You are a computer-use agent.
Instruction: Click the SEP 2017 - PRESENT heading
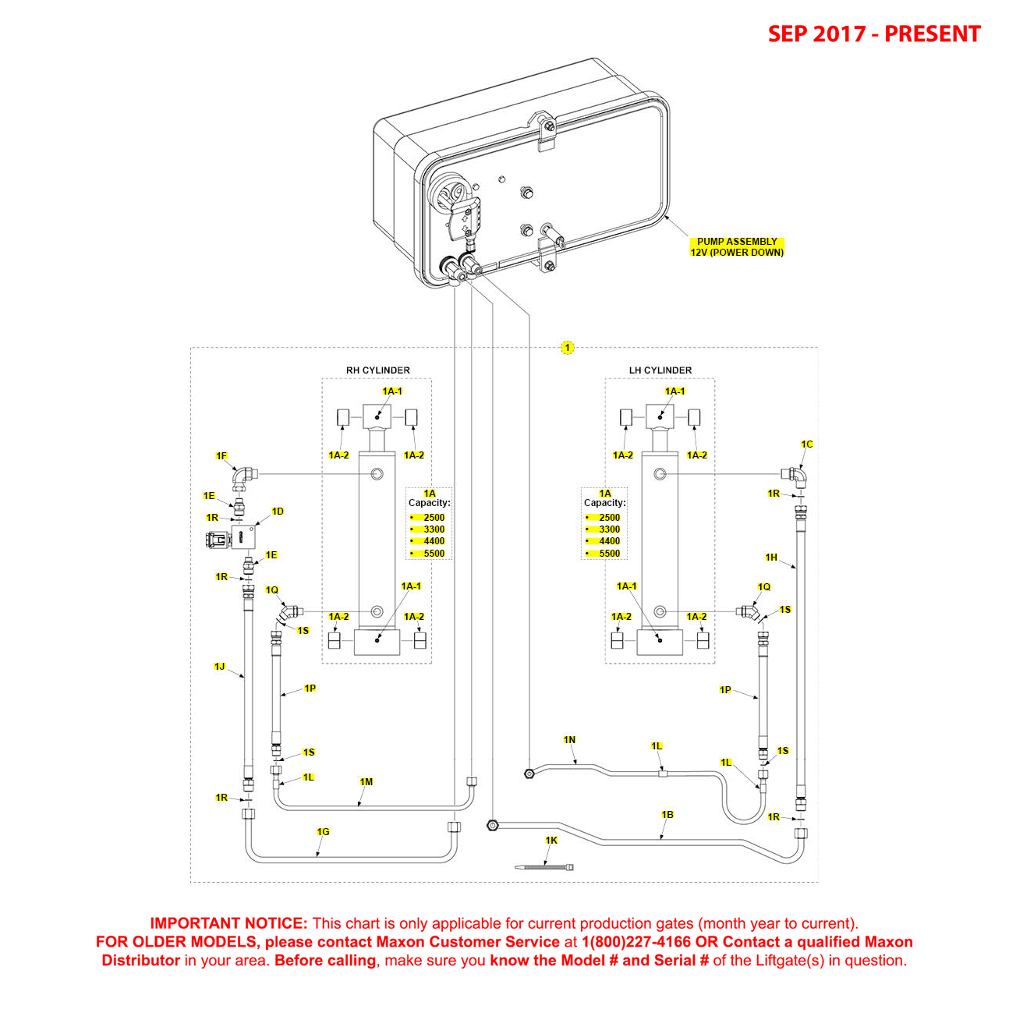tap(873, 34)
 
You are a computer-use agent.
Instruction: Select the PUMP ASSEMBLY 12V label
tap(736, 247)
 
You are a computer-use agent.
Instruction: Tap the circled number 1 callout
tap(567, 348)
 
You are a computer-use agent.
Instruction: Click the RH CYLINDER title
tap(377, 370)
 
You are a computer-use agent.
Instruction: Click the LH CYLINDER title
tap(660, 370)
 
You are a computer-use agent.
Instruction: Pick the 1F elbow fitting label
tap(221, 456)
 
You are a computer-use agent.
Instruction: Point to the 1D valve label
tap(278, 512)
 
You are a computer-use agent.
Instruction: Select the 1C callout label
tap(807, 444)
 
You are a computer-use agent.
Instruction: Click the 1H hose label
tap(771, 558)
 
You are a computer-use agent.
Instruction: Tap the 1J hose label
tap(219, 667)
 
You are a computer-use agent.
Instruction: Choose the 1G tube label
tap(323, 832)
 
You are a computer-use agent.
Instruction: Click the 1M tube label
tap(366, 782)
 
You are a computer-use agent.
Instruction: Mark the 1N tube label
tap(569, 740)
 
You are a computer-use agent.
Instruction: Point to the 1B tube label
tap(667, 815)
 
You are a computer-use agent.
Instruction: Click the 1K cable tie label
tap(551, 841)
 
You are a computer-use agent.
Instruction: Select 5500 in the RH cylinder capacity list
tap(434, 554)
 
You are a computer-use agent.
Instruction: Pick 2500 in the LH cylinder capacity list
tap(609, 518)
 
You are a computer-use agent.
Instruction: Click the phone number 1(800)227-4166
tap(635, 942)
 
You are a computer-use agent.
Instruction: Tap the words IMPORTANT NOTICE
tap(228, 923)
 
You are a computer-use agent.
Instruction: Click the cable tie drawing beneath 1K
tap(546, 866)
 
